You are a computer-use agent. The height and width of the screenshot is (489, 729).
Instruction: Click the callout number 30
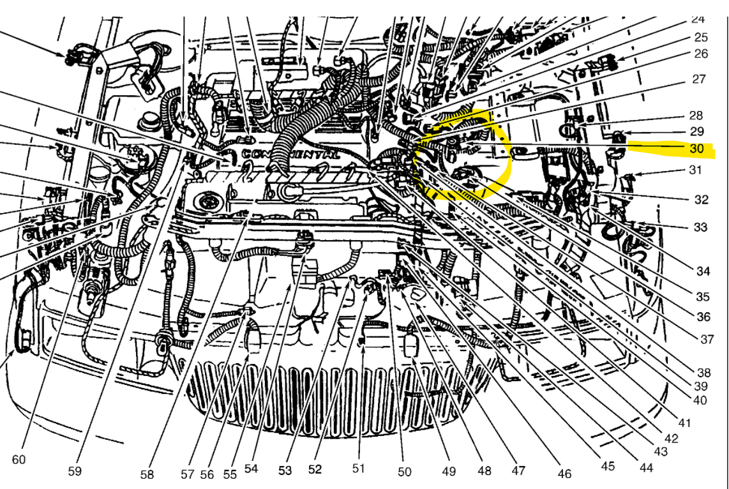point(696,148)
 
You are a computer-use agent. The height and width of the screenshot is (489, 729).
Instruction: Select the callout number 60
point(19,459)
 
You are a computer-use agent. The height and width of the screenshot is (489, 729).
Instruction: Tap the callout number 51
point(358,469)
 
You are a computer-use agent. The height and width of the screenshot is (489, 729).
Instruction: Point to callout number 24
point(698,19)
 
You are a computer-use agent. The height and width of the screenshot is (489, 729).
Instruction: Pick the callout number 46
point(564,474)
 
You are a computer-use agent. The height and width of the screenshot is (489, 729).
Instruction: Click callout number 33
point(700,227)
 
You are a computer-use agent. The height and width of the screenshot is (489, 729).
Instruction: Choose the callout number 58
point(147,474)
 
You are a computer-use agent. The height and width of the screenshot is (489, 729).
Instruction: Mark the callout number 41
point(685,422)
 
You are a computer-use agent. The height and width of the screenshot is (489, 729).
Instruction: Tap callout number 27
point(699,79)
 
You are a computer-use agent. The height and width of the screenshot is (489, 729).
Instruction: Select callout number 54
point(251,469)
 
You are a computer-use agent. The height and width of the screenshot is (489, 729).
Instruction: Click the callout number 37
point(707,339)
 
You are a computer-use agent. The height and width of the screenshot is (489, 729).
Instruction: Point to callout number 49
point(449,471)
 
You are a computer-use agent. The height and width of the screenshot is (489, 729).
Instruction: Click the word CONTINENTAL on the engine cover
point(291,154)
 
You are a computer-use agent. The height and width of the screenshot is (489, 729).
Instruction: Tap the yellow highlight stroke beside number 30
point(670,149)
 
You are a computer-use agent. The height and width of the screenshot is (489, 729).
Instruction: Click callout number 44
point(647,467)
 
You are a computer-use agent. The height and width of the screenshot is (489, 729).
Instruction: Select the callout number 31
point(695,170)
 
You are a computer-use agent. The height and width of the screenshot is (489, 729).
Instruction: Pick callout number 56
point(207,474)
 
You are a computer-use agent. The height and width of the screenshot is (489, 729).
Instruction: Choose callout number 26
point(701,54)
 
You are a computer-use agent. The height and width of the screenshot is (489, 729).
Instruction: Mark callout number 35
point(702,297)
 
